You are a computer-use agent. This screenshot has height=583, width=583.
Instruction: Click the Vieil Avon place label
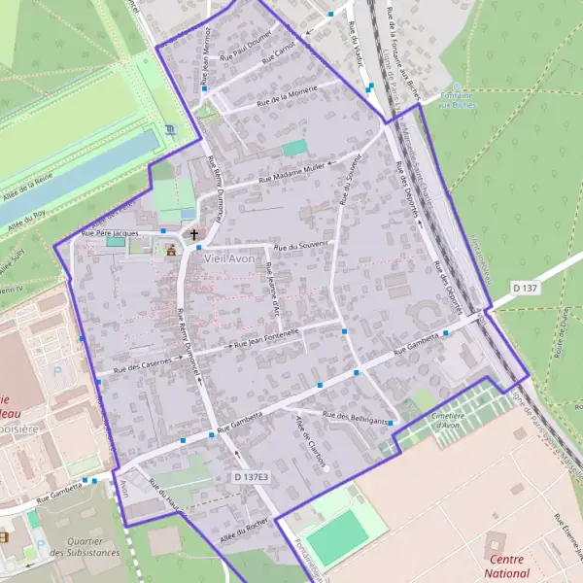(228, 258)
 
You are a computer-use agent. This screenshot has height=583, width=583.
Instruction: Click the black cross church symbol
(193, 234)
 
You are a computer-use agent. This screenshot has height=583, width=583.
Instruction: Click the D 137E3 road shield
(251, 477)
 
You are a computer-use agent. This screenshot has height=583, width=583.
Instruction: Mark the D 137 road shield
(526, 288)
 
